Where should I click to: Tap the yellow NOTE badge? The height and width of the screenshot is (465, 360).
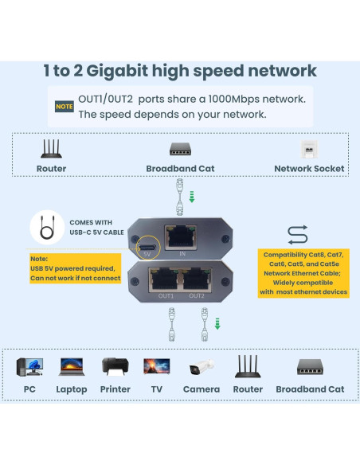[x=64, y=106]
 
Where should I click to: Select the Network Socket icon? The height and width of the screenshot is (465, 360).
[x=309, y=149]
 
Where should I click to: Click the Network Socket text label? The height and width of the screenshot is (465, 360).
[x=309, y=169]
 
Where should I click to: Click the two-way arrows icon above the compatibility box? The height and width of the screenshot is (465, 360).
[x=297, y=235]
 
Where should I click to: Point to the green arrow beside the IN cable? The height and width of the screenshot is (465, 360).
[x=191, y=196]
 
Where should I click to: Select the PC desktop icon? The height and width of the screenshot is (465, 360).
[x=29, y=367]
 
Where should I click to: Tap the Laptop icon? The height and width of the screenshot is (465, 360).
[x=72, y=367]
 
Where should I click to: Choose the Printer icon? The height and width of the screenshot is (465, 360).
[x=115, y=367]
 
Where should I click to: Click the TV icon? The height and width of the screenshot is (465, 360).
[x=156, y=367]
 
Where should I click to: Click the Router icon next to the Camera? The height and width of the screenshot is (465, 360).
[x=248, y=366]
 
